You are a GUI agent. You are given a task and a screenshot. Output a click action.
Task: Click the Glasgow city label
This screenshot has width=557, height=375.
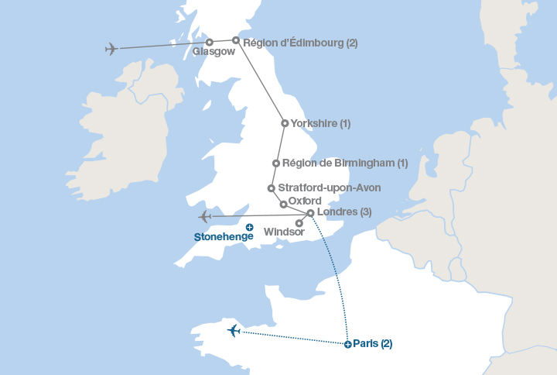213,52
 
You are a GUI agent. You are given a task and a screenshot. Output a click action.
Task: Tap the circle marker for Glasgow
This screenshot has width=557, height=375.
210,43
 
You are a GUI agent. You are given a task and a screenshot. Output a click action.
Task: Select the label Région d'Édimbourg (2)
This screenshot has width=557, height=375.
300,43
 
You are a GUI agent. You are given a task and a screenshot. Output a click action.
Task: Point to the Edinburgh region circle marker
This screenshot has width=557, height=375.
236,40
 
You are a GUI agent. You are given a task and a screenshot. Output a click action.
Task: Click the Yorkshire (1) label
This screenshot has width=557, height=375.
320,123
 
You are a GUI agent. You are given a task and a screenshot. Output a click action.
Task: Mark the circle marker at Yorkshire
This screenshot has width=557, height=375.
285,123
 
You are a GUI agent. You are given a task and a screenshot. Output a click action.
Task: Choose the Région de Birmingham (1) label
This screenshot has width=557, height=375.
345,163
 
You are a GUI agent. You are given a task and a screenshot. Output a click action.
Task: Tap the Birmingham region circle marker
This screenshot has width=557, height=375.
276,163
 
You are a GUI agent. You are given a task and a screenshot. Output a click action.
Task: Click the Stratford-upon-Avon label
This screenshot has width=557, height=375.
329,187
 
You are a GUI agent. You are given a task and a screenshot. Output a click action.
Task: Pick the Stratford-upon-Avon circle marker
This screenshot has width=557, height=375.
271,187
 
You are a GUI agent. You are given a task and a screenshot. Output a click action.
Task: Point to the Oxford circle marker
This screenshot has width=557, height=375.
283,205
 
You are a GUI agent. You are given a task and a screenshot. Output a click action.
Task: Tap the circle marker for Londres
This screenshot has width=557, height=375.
310,213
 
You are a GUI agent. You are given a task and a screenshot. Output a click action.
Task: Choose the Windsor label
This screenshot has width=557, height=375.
284,232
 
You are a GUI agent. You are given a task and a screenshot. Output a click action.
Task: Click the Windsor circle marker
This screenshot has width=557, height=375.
299,223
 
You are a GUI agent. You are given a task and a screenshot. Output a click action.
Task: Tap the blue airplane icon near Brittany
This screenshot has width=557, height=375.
234,331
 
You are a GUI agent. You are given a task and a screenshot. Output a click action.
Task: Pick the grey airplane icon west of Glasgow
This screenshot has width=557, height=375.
112,49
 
